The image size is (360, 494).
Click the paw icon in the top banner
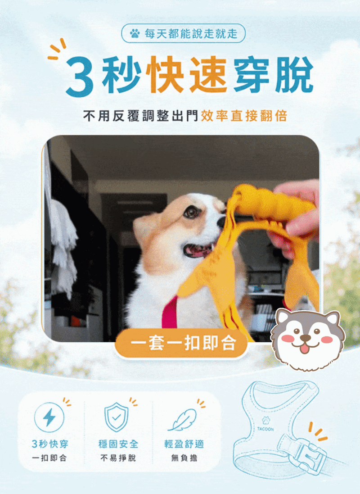point(135,33)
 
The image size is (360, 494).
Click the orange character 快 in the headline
point(166,75)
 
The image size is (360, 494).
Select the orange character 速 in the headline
point(208,75)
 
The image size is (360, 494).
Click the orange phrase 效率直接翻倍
point(244,116)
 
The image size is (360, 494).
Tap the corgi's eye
point(190,212)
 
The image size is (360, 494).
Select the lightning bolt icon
point(49,417)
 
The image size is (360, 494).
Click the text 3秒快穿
point(50,444)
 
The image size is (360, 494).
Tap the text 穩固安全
point(118,444)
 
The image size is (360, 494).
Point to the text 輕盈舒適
point(184,444)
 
